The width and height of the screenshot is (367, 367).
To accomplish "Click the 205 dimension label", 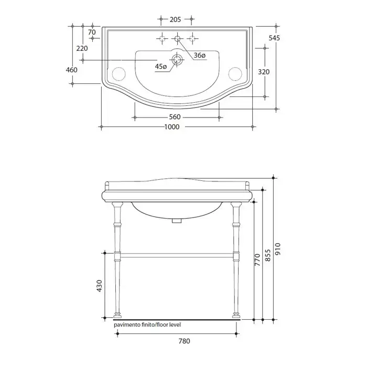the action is [x=175, y=19].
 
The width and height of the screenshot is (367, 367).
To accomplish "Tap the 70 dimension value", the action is [x=92, y=32].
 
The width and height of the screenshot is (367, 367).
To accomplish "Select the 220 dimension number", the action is [x=82, y=48].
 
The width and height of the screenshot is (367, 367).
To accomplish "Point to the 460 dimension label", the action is [x=71, y=70].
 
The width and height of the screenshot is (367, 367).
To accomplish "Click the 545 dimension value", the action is [x=274, y=38].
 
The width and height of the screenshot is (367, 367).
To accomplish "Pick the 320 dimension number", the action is [x=264, y=72].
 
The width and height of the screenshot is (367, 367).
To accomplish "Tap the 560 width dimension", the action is [x=175, y=117].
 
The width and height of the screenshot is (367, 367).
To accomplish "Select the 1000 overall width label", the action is [x=172, y=127].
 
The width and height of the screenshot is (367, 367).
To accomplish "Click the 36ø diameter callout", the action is [x=200, y=56].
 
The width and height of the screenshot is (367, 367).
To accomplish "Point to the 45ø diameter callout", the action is [x=161, y=67].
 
